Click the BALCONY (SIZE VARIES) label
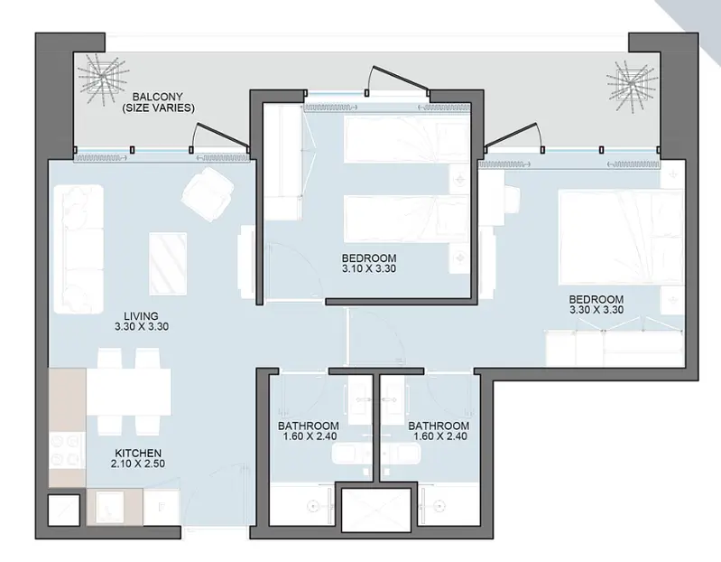coord(158,103)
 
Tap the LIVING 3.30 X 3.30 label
coord(142,322)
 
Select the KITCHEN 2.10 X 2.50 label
coord(138,458)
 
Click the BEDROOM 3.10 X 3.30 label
coord(369,263)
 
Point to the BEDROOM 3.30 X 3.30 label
coord(596,304)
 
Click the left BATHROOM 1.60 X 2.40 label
coord(309,431)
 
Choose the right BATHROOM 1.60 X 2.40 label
coord(439,431)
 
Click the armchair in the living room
coord(208,193)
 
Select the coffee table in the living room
coord(168,264)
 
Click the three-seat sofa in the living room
coord(79,249)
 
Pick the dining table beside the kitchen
coord(129,391)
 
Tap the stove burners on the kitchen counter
coord(66,449)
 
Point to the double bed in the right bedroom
coord(620,238)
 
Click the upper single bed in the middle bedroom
coord(405,139)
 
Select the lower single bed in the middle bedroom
coord(405,219)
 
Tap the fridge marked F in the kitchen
coord(162,507)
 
